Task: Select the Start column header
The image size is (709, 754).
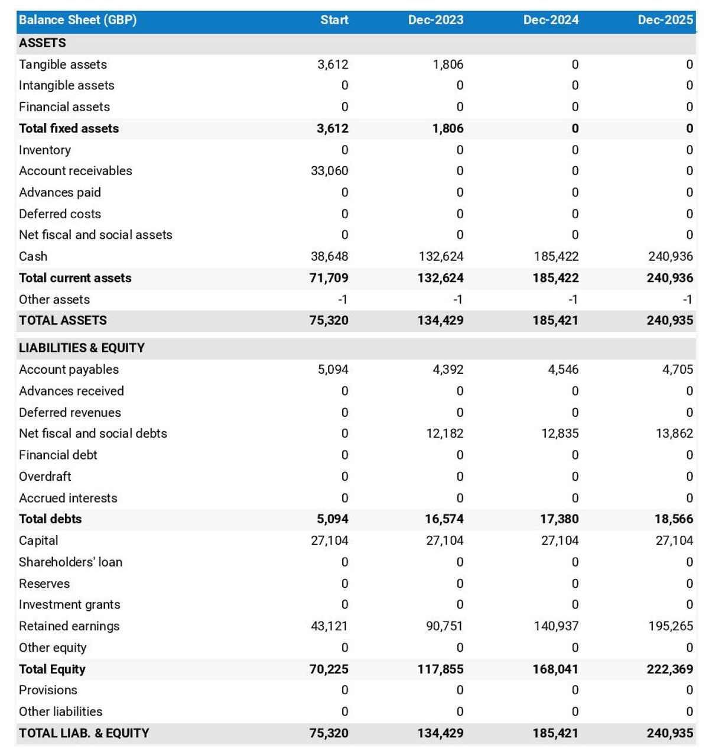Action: [x=334, y=20]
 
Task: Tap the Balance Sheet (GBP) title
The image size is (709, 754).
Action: [x=77, y=20]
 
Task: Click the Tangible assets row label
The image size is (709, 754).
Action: [x=63, y=64]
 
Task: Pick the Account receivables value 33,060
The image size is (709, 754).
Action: [x=329, y=171]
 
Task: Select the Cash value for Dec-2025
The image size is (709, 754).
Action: [x=670, y=257]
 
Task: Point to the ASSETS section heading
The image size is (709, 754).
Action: [x=43, y=43]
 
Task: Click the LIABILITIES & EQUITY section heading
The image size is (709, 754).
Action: [x=82, y=348]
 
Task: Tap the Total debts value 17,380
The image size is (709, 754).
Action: [x=555, y=519]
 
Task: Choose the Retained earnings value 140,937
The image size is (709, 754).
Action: [x=556, y=626]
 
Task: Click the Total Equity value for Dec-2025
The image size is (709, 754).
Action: [x=670, y=669]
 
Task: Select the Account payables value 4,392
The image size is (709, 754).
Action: [x=448, y=370]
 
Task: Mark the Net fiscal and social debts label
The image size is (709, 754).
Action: [x=93, y=433]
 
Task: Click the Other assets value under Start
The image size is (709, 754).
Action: [x=342, y=300]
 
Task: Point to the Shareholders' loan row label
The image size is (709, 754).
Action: [x=70, y=562]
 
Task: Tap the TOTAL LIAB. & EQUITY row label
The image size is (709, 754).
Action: [x=84, y=733]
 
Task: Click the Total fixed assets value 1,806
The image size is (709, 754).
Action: [x=448, y=128]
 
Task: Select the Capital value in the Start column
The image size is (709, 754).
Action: [x=329, y=541]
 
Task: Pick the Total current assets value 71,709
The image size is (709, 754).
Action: [x=329, y=278]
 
